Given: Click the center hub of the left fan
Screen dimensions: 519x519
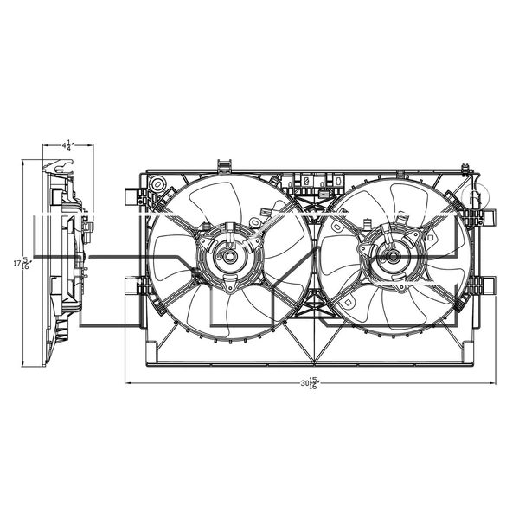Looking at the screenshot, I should pyautogui.click(x=229, y=257).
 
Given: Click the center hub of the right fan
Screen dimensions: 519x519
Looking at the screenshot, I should pyautogui.click(x=392, y=257).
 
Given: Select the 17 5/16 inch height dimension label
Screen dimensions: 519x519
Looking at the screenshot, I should pyautogui.click(x=27, y=262).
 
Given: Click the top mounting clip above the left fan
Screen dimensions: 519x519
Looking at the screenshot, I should pyautogui.click(x=225, y=164).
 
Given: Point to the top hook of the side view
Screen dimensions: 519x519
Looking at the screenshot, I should pyautogui.click(x=50, y=163).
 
